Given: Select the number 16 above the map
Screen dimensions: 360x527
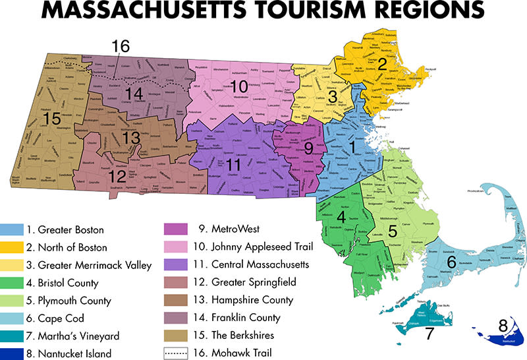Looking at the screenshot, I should click(121, 46).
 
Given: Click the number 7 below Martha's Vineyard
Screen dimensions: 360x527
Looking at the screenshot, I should click(429, 334).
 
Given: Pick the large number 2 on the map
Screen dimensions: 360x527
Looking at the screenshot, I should click(381, 63).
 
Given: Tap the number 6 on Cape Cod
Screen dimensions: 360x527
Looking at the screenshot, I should click(452, 262).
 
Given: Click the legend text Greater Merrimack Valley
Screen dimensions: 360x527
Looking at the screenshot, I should click(89, 265).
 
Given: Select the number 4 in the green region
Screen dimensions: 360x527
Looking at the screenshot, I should click(341, 216).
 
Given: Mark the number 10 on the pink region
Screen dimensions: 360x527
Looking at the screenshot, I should click(238, 86).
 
